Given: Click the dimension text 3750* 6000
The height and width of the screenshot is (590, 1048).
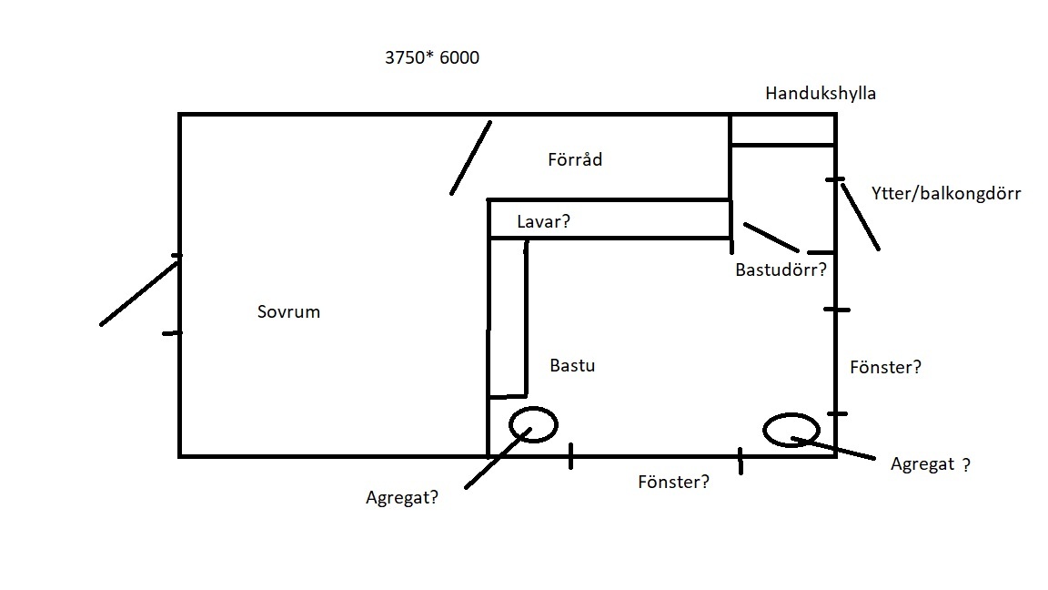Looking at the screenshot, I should click(431, 58).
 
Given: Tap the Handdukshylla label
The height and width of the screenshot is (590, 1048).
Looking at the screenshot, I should click(821, 93).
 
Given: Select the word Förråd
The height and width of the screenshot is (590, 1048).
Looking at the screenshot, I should click(575, 159).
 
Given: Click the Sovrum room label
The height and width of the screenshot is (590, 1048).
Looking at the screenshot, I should click(289, 311).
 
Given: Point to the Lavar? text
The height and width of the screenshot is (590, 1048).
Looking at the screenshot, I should click(543, 221).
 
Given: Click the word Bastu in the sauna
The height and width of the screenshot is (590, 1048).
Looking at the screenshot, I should click(572, 365).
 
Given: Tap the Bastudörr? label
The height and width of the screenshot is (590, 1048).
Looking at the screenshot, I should click(781, 270).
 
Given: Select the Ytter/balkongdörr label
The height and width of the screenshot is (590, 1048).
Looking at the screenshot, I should click(945, 193).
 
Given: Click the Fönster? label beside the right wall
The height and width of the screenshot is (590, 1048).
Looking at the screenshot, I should click(885, 367).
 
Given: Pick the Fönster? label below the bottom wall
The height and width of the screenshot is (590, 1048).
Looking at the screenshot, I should click(673, 482).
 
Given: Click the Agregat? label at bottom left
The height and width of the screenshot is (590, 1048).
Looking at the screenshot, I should click(401, 497).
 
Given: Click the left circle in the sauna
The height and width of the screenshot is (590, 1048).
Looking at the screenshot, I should click(533, 423).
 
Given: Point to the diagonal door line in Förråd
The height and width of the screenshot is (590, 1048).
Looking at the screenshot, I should click(470, 158).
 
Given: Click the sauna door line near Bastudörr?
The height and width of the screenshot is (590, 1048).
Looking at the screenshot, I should click(771, 237).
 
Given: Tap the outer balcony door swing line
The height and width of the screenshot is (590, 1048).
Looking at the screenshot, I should click(860, 216).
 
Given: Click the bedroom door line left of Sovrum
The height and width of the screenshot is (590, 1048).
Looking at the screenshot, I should click(140, 291).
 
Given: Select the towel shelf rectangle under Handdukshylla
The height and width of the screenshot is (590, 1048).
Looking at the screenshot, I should click(782, 129).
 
